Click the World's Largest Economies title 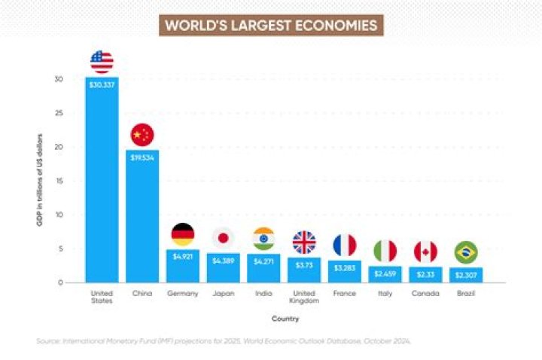[x=271, y=26]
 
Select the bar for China [x=142, y=218]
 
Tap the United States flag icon [x=102, y=62]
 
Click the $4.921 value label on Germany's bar [x=183, y=257]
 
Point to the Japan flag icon [x=224, y=238]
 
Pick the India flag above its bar [x=264, y=238]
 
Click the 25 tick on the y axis [x=59, y=113]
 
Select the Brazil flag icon [x=466, y=252]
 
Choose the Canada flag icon [x=425, y=252]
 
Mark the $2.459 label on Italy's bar [x=385, y=273]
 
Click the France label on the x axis [x=344, y=293]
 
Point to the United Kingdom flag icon [x=304, y=243]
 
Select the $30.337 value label [x=102, y=84]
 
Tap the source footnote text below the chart [x=224, y=341]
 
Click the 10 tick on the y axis [x=59, y=215]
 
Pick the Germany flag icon [x=183, y=235]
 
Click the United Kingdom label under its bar [x=304, y=297]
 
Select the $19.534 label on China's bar [x=142, y=157]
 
